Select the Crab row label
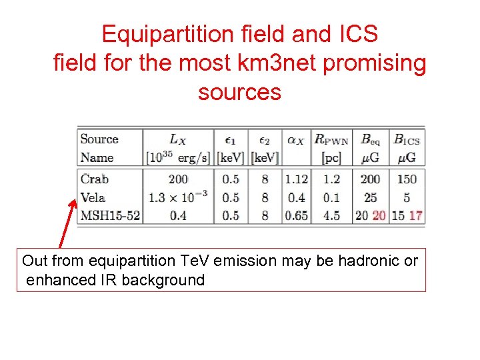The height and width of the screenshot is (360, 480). [94, 179]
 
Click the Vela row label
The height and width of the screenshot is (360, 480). [93, 197]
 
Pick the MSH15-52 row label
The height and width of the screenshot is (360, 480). [109, 215]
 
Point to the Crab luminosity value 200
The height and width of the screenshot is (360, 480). [178, 179]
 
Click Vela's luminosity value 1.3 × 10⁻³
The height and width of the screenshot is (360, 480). [178, 197]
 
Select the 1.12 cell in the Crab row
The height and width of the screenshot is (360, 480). [296, 179]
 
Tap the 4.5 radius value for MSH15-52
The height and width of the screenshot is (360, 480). [331, 215]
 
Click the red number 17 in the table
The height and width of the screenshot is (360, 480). [415, 215]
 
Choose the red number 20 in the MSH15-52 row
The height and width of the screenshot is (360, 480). [379, 215]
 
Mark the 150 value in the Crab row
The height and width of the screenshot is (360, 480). [406, 179]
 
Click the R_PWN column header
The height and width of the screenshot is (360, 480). [331, 139]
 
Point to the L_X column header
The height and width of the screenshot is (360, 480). [178, 139]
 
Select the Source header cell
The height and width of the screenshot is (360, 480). [99, 139]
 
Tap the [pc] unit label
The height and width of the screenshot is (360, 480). [331, 158]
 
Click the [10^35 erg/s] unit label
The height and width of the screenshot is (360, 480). [178, 158]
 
